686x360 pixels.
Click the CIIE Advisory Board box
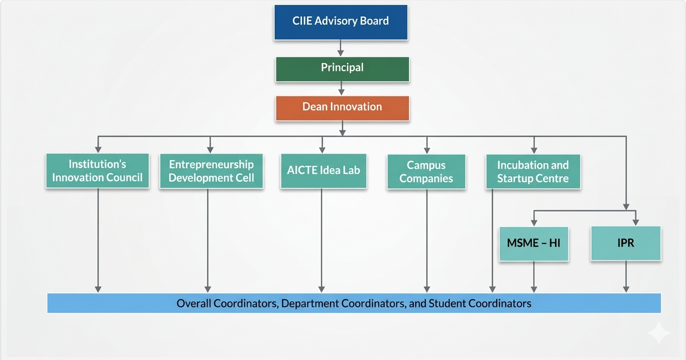point(341,22)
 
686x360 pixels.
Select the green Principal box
point(342,69)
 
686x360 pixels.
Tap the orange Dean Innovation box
point(342,108)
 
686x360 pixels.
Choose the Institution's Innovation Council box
point(97,171)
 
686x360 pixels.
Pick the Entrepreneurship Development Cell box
point(211,171)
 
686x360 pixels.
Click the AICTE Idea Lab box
point(323,171)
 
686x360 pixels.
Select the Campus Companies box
point(426,172)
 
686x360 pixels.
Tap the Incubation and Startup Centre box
point(533,172)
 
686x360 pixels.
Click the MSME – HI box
point(534,243)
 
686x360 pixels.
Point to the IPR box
point(626,243)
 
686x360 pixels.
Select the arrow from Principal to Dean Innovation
point(342,88)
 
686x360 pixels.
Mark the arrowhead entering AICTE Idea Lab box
point(322,149)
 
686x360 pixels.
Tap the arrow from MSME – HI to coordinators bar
point(534,277)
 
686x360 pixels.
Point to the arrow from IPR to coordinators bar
point(626,277)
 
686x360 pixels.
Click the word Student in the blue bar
point(447,304)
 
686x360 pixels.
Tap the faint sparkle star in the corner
point(658,333)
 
